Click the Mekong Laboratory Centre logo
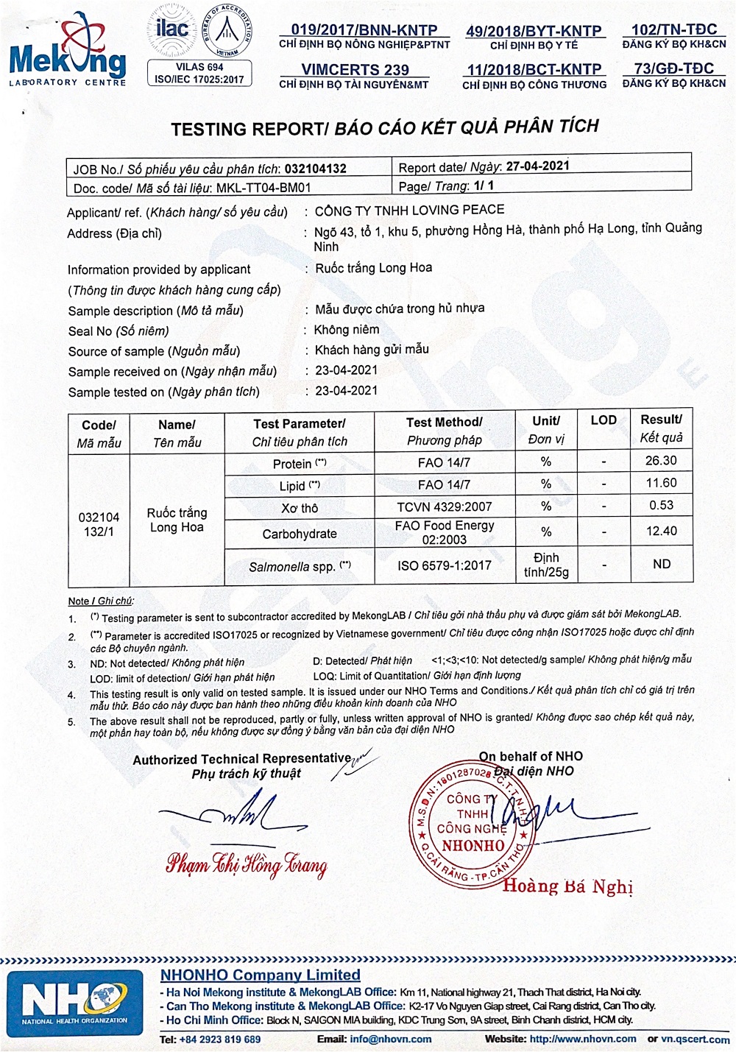coord(68,52)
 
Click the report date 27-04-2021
coord(537,166)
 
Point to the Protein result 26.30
coord(660,461)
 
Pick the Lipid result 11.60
coord(660,484)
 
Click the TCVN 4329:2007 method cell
coord(444,506)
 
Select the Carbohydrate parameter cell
coord(299,534)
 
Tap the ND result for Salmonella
coord(661,564)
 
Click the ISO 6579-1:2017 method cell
coord(444,565)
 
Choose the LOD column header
coord(604,420)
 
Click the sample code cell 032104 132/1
coord(99,524)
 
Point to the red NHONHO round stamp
coord(472,823)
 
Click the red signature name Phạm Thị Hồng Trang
coord(247,864)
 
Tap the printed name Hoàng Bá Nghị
coord(567,886)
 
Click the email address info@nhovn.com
coord(390,1039)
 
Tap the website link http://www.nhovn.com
coord(582,1039)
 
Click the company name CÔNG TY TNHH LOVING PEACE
coord(409,210)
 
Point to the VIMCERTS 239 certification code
coord(355,69)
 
